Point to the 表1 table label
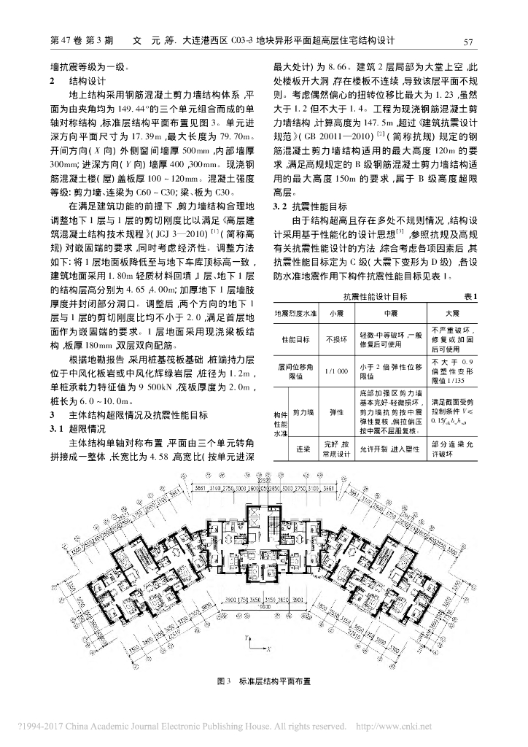point(470,295)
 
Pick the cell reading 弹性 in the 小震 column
point(336,412)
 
